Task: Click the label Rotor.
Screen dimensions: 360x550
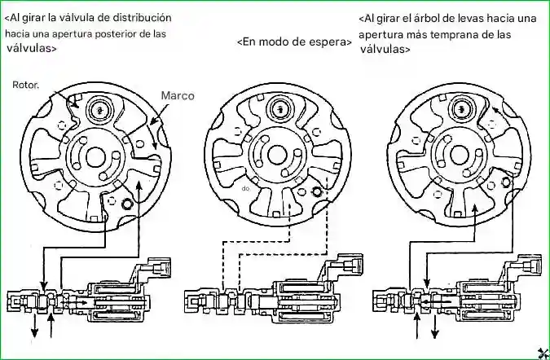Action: (x=27, y=85)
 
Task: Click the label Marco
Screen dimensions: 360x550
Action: (x=177, y=95)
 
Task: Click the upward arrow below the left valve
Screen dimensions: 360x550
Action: (x=52, y=328)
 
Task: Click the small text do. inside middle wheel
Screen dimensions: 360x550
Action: (x=245, y=187)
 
